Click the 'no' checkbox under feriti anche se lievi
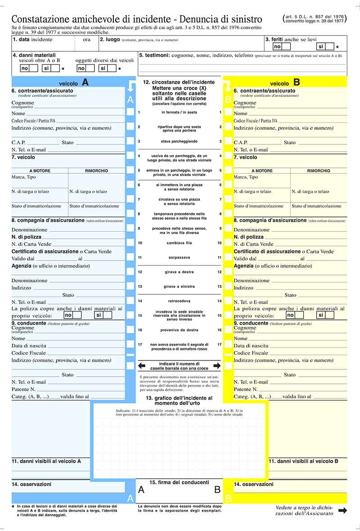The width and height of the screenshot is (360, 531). click(x=286, y=46)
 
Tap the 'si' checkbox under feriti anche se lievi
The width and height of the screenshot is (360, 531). click(x=329, y=46)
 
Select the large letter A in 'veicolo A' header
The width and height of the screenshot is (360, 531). click(x=85, y=82)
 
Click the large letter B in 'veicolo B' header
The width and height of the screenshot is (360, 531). click(x=297, y=82)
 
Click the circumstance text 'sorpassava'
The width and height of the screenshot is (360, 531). click(x=180, y=257)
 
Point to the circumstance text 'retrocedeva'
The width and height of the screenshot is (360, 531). click(x=180, y=301)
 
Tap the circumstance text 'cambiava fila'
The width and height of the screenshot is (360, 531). click(x=180, y=243)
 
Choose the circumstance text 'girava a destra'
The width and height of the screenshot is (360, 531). click(x=180, y=272)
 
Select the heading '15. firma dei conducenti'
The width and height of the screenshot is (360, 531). click(x=179, y=482)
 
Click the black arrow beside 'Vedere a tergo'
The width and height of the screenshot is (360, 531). click(x=342, y=510)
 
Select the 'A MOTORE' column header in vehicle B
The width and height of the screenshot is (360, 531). click(x=262, y=171)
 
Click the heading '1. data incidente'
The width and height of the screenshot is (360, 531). click(x=32, y=40)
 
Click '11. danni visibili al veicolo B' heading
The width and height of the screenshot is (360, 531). click(x=303, y=461)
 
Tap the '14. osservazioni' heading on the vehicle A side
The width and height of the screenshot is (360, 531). click(x=31, y=484)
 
